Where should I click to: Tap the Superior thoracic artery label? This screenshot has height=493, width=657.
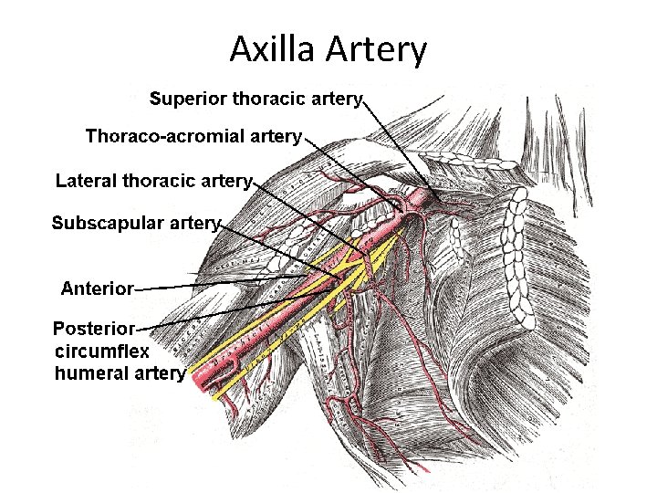(x=255, y=98)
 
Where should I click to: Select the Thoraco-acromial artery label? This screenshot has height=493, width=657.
(x=193, y=137)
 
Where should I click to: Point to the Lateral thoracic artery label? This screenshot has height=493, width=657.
(x=152, y=181)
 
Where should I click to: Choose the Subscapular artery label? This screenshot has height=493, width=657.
(x=137, y=223)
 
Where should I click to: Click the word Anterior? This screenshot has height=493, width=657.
(x=97, y=289)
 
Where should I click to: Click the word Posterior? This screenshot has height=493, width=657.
(x=94, y=328)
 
